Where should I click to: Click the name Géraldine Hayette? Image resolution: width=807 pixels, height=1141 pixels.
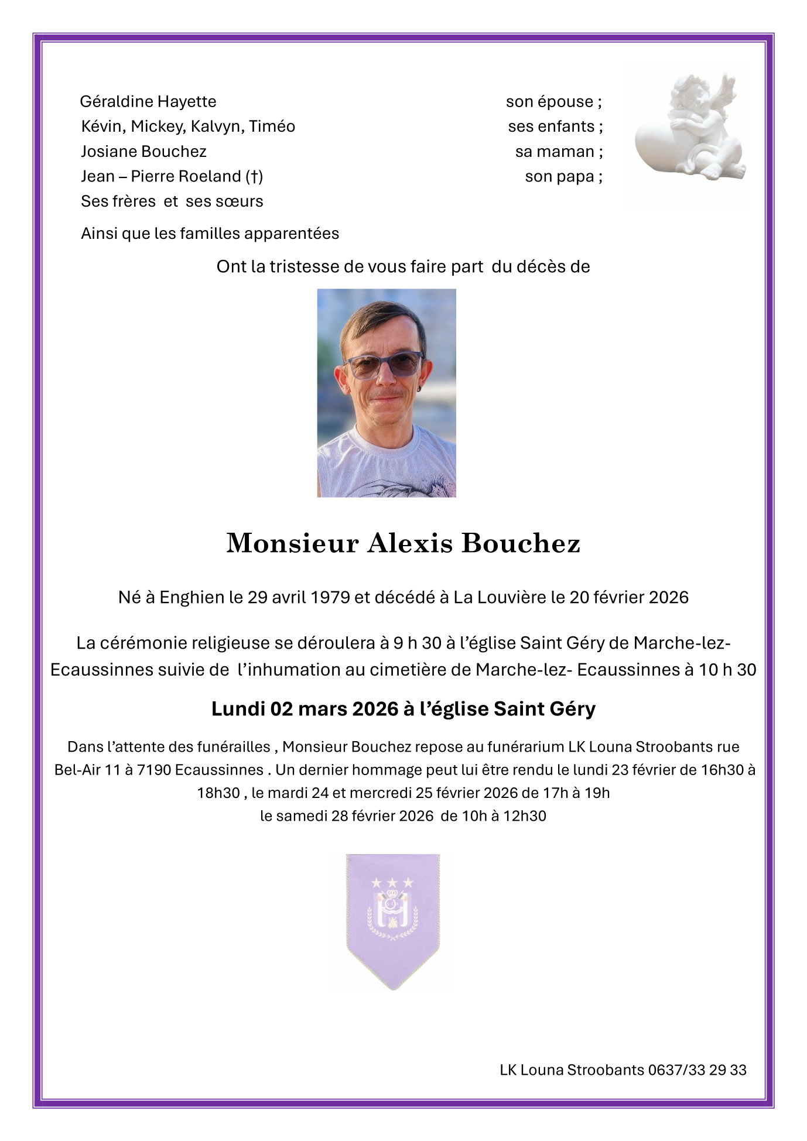(x=148, y=102)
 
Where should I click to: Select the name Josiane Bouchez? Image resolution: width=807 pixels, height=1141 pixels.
(x=143, y=152)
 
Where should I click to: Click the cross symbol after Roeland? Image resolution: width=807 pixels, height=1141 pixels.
(x=254, y=177)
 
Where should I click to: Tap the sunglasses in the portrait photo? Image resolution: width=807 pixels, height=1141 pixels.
(x=384, y=365)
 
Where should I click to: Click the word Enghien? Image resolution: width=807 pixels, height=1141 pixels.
(x=192, y=598)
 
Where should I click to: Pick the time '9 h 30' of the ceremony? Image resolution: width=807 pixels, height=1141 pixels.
(x=417, y=643)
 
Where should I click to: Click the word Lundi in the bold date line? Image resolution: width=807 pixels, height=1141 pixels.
(x=238, y=709)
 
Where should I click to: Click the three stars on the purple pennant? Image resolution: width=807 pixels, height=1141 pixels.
(x=392, y=882)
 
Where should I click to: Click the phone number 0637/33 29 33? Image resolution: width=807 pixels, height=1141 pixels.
(x=697, y=1070)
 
